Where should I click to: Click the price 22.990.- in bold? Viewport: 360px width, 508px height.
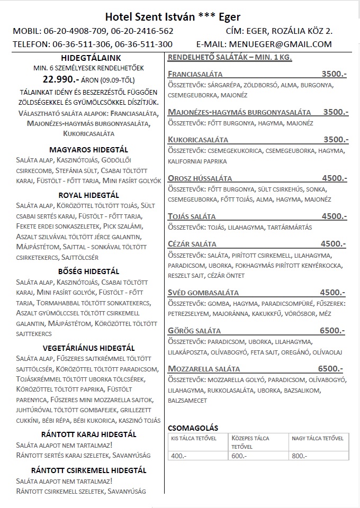(61, 80)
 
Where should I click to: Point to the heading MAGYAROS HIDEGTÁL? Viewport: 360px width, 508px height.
(88, 150)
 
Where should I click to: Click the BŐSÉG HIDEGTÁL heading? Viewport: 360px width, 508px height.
(88, 272)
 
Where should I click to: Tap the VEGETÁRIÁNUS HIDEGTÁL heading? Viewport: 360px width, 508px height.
(88, 348)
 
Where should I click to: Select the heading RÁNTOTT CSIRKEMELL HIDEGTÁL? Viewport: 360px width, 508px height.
(88, 470)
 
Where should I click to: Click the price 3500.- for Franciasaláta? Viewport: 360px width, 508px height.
(334, 74)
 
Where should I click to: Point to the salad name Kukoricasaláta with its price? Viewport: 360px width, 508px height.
(198, 140)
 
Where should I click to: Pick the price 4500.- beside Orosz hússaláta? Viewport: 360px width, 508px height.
(334, 178)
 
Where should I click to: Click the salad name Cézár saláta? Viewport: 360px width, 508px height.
(192, 244)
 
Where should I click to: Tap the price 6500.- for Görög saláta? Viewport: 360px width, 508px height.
(332, 331)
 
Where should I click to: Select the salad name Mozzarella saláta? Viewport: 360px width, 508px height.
(204, 369)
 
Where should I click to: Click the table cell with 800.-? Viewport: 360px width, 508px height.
(300, 456)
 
